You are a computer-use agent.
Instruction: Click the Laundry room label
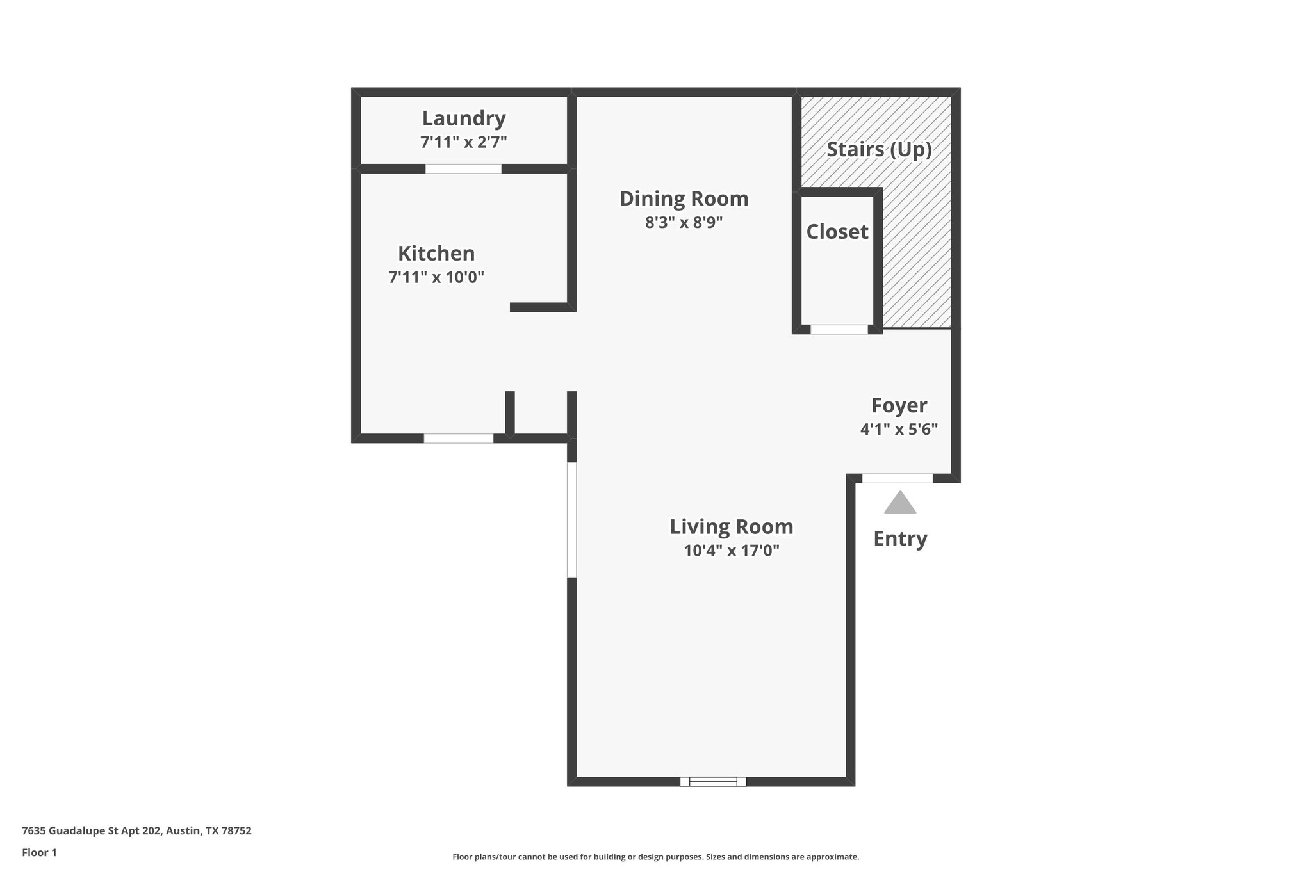pos(464,118)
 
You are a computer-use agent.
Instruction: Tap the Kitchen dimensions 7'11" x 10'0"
pos(436,277)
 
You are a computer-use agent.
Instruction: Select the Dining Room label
pos(684,198)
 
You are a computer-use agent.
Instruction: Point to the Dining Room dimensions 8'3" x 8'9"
pos(684,223)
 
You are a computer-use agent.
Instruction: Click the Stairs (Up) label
pos(879,149)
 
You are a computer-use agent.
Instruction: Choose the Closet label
pos(837,232)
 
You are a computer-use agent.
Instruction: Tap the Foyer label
pos(899,405)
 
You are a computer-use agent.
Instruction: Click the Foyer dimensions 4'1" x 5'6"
pos(899,429)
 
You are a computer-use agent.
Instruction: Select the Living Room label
pos(732,526)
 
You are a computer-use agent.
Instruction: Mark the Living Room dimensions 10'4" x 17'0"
pos(732,551)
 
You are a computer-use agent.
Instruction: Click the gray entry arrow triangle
pos(900,504)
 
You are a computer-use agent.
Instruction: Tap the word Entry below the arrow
pos(900,539)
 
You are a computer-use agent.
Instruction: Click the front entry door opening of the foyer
pos(897,478)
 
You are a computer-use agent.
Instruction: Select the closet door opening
pos(839,329)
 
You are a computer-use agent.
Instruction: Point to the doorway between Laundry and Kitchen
pos(463,169)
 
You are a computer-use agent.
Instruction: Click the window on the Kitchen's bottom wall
pos(459,439)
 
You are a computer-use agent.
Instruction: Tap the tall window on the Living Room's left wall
pos(571,520)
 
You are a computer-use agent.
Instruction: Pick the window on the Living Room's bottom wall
pos(713,781)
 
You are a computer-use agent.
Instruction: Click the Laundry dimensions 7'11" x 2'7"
pos(464,142)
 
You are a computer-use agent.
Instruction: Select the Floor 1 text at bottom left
pos(40,852)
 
